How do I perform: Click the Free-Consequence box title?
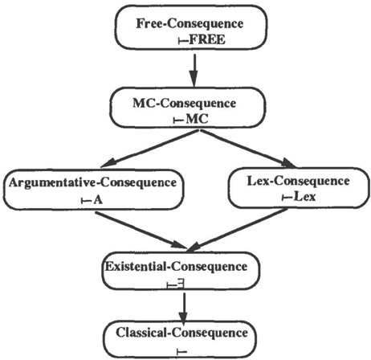tap(190, 23)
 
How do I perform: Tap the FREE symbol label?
tap(202, 40)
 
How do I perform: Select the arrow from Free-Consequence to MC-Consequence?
tap(194, 70)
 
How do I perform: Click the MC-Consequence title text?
tap(185, 104)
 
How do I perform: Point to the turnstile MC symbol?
tap(191, 119)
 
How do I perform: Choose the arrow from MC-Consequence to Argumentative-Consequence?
tap(150, 149)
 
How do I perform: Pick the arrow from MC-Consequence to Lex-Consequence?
tap(248, 149)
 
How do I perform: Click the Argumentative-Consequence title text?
tap(92, 182)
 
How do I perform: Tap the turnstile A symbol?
tap(92, 200)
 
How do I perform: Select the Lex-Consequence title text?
tap(298, 182)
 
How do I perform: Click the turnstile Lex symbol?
tap(299, 197)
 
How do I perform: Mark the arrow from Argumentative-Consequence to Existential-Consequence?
tap(141, 230)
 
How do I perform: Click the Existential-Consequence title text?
tap(176, 267)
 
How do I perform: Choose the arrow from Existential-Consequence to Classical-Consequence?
tap(183, 308)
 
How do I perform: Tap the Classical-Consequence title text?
tap(181, 333)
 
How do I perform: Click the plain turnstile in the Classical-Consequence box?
tap(182, 351)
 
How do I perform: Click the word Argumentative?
tap(52, 182)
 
